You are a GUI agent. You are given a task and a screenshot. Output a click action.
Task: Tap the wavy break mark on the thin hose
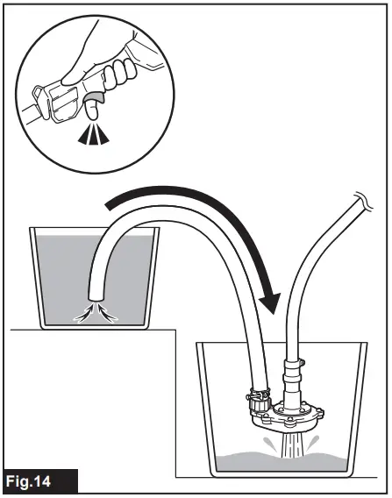pyautogui.click(x=360, y=201)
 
